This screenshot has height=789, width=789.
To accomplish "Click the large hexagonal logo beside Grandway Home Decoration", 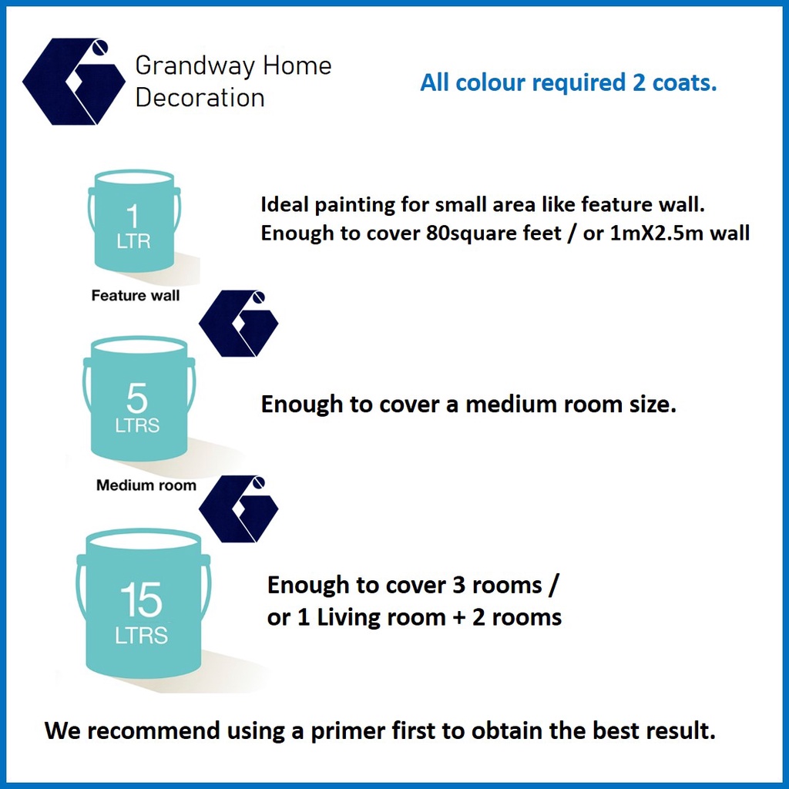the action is coord(74,81).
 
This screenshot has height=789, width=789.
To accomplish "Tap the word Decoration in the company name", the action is coord(200,98).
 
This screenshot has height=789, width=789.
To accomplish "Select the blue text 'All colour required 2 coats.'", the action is coord(568,82).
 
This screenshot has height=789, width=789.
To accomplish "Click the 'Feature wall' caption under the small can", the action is coord(136,295).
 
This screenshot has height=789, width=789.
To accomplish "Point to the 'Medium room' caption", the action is coord(146,485).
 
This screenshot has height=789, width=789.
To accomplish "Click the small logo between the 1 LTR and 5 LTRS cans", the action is coord(239,324).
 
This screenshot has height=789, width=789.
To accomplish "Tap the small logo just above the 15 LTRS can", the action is coord(239,509).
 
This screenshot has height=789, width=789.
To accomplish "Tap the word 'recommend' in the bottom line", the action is coord(154,730).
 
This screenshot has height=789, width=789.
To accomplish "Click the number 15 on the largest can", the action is coord(142,599).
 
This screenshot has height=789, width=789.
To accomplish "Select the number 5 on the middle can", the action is coord(137,398).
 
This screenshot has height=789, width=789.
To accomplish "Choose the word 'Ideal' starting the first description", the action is coord(285,204).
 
